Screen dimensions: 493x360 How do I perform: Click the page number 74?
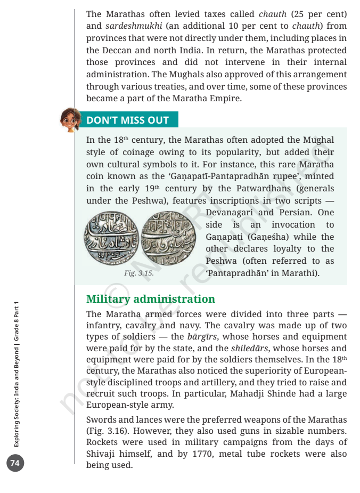click(x=15, y=463)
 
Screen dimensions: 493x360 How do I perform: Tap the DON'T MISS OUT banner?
click(x=128, y=120)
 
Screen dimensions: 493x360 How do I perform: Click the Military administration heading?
click(x=151, y=298)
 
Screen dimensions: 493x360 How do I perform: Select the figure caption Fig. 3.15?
click(x=138, y=273)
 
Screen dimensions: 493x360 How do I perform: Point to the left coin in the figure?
click(x=111, y=238)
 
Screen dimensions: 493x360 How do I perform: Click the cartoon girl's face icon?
click(x=70, y=119)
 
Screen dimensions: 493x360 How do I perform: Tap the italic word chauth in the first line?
click(x=273, y=13)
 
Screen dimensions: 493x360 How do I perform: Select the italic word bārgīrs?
click(x=200, y=336)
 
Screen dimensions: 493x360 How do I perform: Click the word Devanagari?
click(x=227, y=213)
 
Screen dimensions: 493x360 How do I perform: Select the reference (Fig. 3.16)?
click(x=109, y=431)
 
